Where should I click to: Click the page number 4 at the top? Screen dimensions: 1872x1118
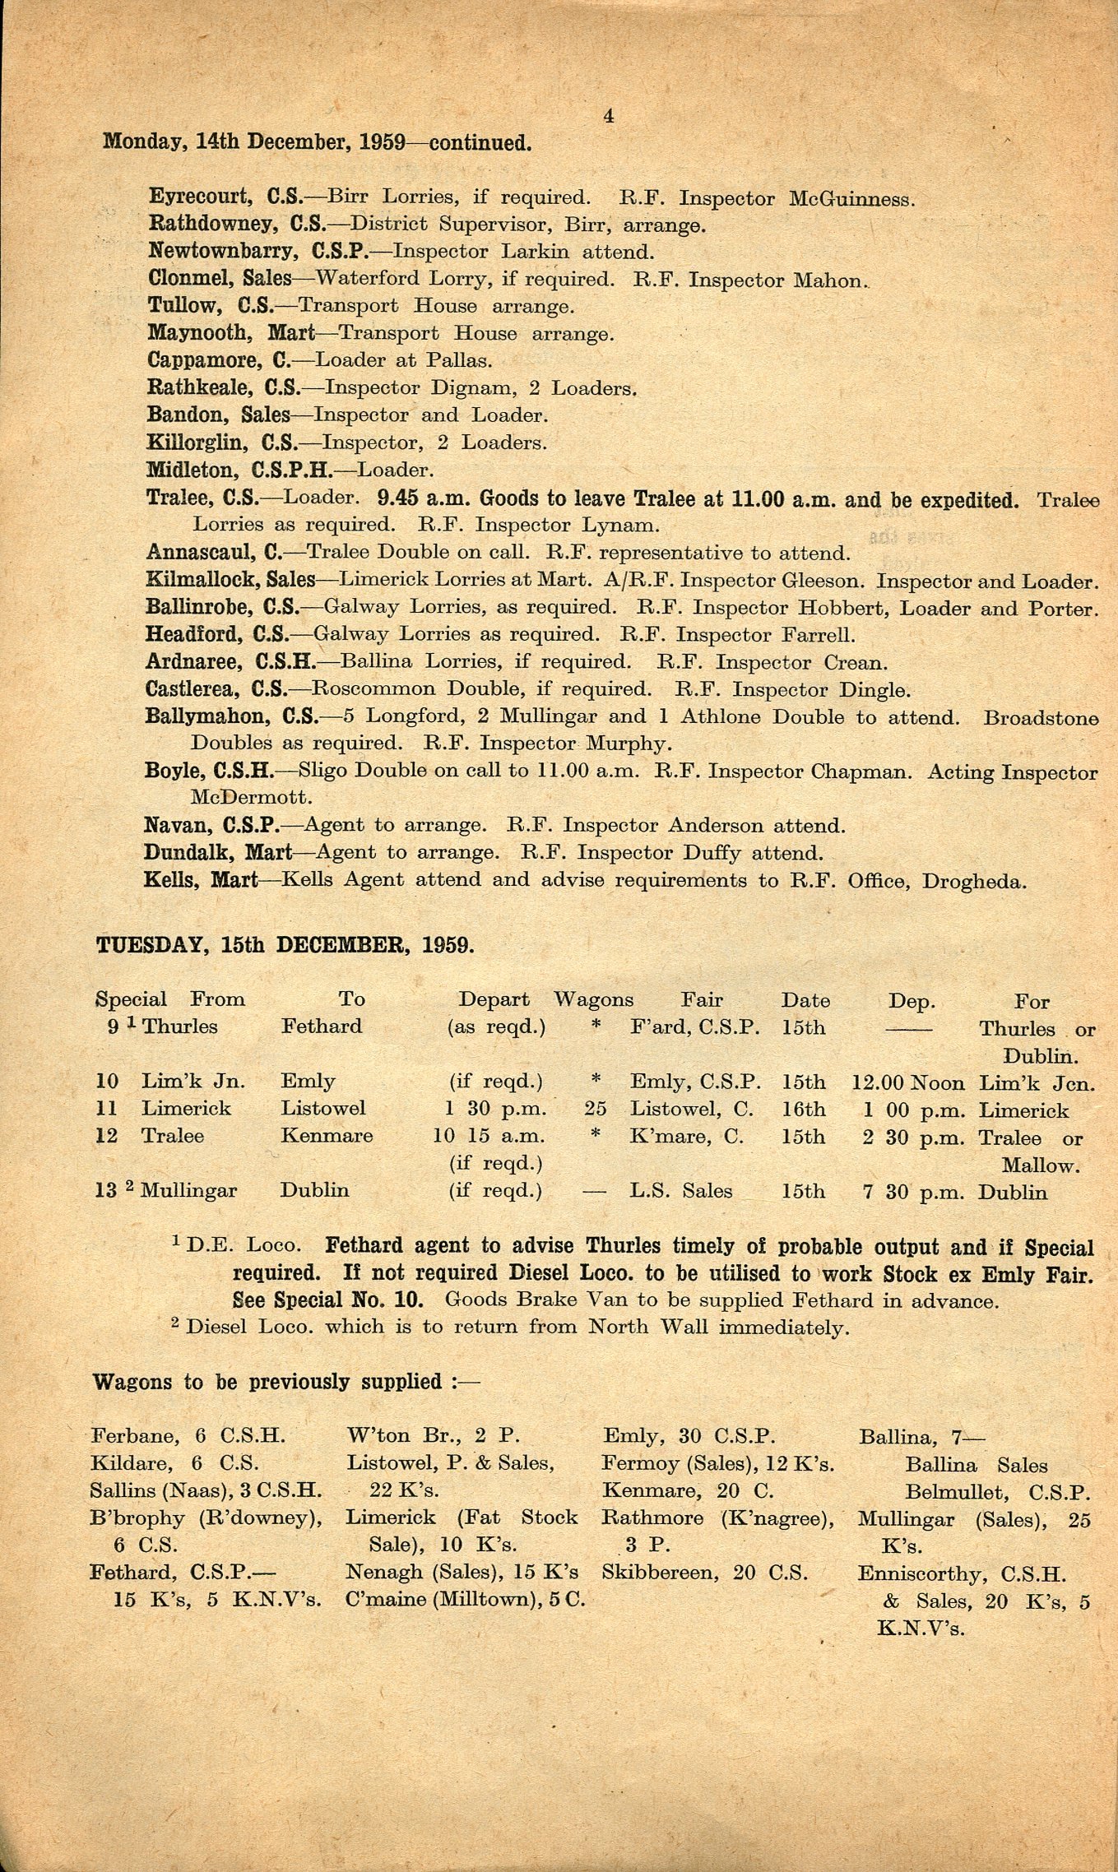(608, 117)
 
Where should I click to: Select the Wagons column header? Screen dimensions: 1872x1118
(593, 999)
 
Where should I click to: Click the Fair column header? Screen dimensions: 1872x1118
(701, 1000)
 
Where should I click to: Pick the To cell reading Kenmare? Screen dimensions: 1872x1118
(327, 1136)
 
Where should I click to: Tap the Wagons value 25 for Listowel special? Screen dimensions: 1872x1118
(596, 1109)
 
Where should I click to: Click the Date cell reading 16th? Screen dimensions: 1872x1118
(803, 1110)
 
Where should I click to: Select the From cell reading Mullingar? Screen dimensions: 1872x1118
(188, 1190)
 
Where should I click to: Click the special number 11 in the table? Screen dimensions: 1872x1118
(107, 1108)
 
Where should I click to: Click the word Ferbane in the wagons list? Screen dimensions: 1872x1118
(134, 1436)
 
